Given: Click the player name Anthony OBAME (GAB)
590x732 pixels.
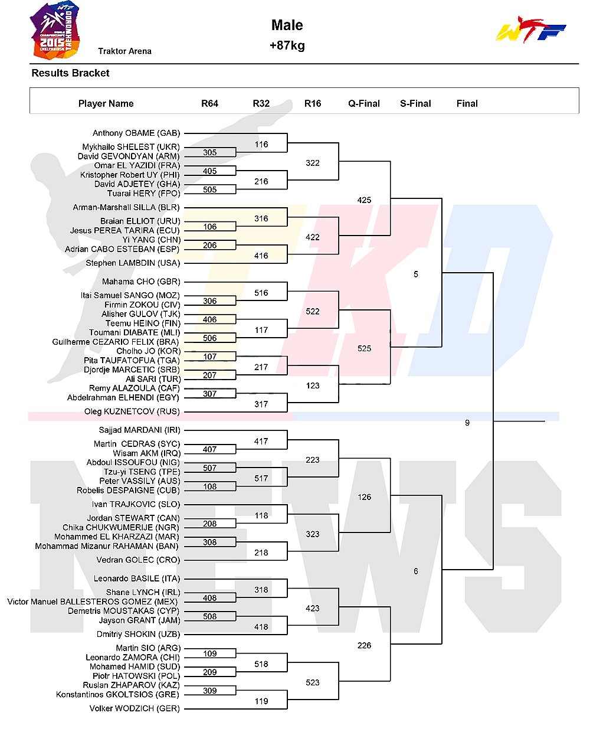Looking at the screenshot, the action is click(136, 133).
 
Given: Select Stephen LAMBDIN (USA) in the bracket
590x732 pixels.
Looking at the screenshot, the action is click(133, 263).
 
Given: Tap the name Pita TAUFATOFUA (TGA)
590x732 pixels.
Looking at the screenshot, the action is click(132, 360).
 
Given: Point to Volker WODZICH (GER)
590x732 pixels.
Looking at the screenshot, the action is click(135, 708).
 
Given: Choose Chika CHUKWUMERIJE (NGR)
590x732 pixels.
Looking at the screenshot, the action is click(121, 527).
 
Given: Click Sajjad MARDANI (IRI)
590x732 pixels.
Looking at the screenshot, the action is click(139, 430).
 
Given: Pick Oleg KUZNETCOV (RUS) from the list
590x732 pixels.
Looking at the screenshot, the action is click(132, 411).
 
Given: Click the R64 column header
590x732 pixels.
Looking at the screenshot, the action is click(209, 103).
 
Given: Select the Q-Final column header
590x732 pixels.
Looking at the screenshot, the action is click(364, 103).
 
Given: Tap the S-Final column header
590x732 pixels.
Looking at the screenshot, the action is click(415, 103).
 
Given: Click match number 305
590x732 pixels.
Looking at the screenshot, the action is click(210, 152).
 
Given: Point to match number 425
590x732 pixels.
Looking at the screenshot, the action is click(364, 200).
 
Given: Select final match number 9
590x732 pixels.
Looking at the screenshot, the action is click(467, 423).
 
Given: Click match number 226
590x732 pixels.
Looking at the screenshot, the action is click(364, 645).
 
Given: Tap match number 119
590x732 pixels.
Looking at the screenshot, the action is click(261, 701).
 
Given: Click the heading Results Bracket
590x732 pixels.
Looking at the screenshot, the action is click(70, 73).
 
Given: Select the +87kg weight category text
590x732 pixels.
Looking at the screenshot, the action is click(287, 45).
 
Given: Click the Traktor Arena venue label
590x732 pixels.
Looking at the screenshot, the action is click(125, 51).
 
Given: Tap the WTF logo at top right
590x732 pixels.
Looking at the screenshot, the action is click(530, 30).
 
